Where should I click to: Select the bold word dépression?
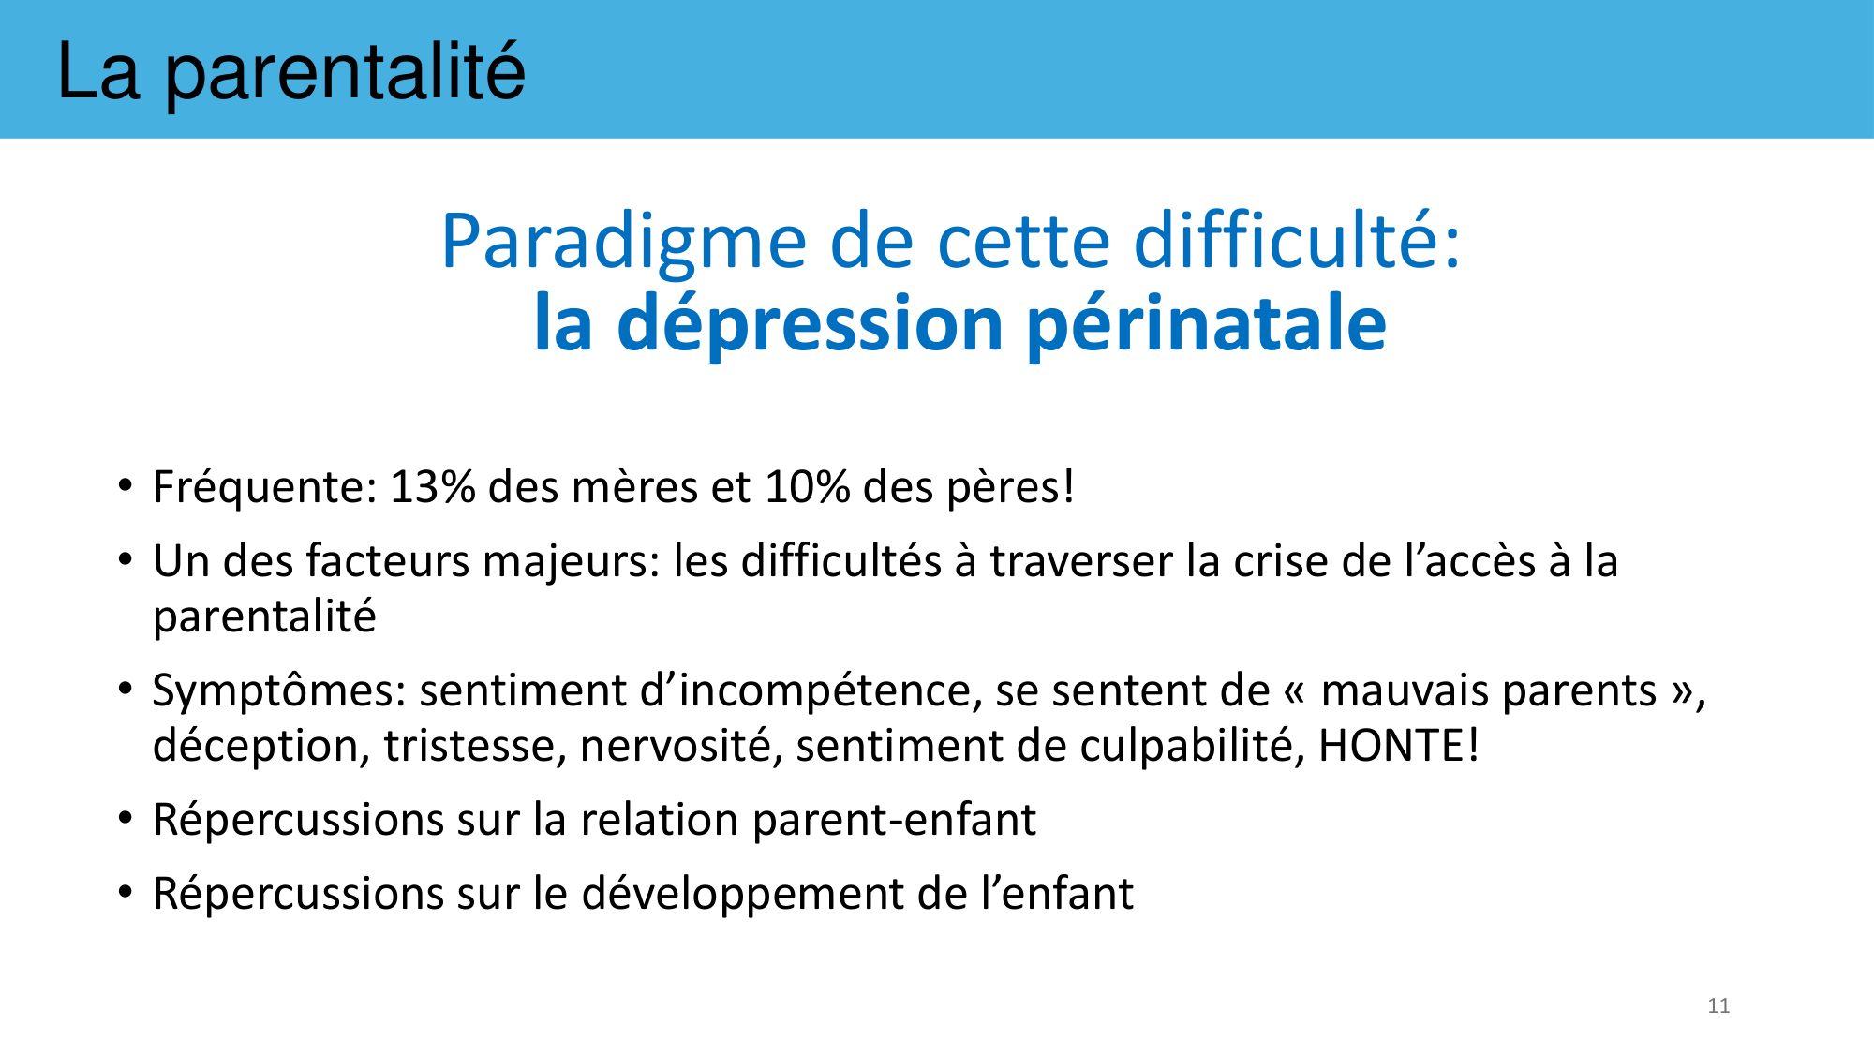tap(811, 324)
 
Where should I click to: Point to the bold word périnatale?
tap(1207, 324)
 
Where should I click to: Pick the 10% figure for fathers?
tap(808, 487)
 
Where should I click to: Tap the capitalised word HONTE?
tap(1392, 747)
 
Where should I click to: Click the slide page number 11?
tap(1718, 1005)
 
